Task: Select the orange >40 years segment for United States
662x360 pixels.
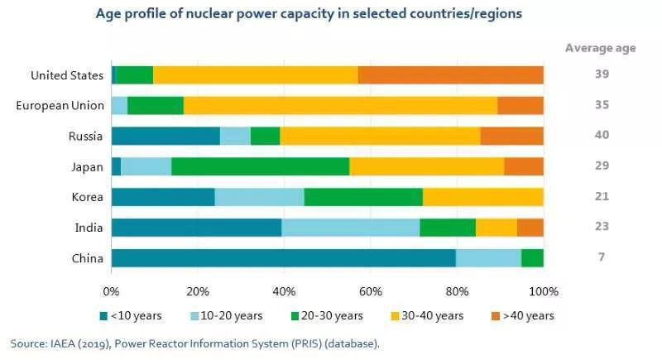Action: pos(450,75)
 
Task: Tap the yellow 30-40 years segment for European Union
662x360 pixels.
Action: pos(340,105)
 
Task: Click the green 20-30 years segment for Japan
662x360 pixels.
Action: pos(260,166)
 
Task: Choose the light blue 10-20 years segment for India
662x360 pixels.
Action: pos(350,227)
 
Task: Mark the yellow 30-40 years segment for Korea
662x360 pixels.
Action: pos(482,197)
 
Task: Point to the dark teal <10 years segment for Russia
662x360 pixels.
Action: pos(165,136)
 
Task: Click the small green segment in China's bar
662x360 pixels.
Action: pos(532,257)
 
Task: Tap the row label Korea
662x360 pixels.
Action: pos(87,197)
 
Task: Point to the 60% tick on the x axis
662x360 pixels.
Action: pos(371,291)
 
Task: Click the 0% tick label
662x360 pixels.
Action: pos(112,291)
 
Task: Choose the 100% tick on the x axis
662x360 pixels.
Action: pos(543,291)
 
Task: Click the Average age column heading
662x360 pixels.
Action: pos(600,47)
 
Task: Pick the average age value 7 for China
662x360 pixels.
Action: pos(601,257)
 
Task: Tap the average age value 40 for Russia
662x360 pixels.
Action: pos(601,136)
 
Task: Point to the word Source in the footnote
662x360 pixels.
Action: pos(27,342)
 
